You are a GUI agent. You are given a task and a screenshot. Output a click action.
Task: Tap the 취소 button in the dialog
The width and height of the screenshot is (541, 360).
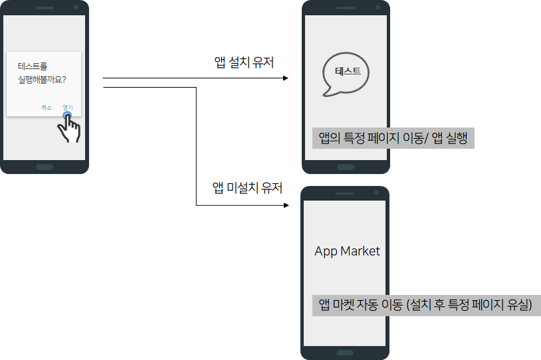pyautogui.click(x=47, y=107)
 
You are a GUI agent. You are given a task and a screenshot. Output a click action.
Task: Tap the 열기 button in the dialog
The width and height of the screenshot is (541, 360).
pyautogui.click(x=68, y=107)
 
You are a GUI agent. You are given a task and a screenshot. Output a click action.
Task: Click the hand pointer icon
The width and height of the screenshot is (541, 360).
pyautogui.click(x=69, y=128)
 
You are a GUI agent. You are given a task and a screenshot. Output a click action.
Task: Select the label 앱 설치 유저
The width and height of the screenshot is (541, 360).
pyautogui.click(x=245, y=62)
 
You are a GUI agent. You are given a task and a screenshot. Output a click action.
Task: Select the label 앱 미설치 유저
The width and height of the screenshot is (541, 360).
pyautogui.click(x=247, y=188)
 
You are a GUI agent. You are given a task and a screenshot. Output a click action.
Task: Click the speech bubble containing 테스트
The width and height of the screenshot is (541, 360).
pyautogui.click(x=345, y=72)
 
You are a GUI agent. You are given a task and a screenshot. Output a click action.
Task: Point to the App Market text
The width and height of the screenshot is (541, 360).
pyautogui.click(x=347, y=251)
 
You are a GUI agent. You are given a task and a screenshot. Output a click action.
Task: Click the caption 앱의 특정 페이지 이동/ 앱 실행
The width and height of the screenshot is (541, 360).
pyautogui.click(x=393, y=138)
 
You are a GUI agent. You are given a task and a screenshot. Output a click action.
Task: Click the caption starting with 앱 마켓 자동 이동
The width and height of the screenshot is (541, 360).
pyautogui.click(x=425, y=305)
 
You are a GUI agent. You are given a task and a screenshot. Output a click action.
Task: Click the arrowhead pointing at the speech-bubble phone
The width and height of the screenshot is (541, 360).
pyautogui.click(x=286, y=78)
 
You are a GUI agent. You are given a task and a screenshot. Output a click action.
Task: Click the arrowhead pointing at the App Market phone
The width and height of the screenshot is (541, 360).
pyautogui.click(x=287, y=205)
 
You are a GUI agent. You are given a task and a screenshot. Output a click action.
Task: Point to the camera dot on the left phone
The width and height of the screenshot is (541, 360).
pyautogui.click(x=76, y=7)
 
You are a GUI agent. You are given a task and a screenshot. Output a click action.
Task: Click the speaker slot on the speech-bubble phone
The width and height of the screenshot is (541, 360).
pyautogui.click(x=346, y=7)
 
